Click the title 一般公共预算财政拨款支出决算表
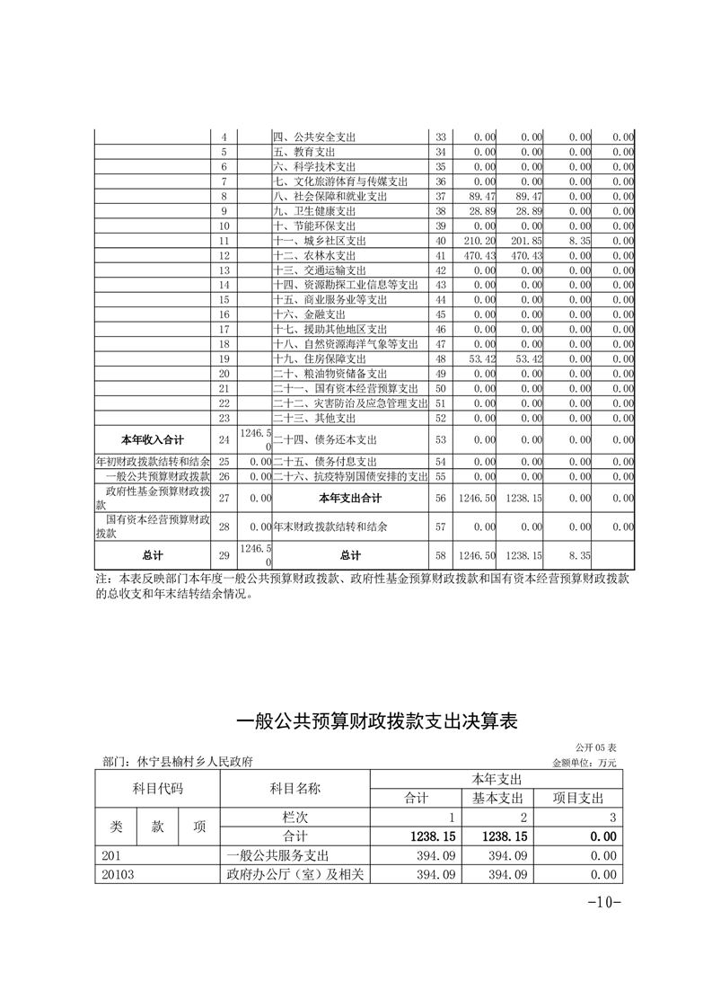[x=376, y=721]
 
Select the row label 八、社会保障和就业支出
[x=330, y=196]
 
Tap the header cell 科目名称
[x=294, y=788]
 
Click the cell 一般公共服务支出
[x=285, y=855]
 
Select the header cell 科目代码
[x=158, y=788]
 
